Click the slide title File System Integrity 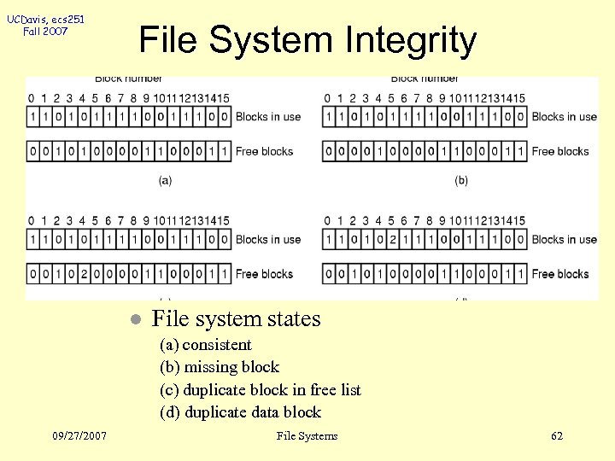pos(307,40)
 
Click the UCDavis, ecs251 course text pos(46,18)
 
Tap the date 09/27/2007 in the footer pos(79,436)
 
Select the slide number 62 pos(557,436)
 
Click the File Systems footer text pos(307,436)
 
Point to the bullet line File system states pos(236,319)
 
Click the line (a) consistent pos(206,345)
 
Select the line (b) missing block pos(220,367)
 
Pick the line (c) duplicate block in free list pos(261,390)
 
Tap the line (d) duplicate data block pos(240,412)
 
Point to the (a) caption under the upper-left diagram pos(165,180)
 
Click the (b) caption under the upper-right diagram pos(461,180)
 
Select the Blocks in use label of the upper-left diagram pos(268,117)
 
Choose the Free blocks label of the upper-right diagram pos(561,151)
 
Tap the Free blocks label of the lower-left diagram pos(265,274)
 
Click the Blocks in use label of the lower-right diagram pos(565,240)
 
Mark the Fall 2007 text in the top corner pos(46,32)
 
